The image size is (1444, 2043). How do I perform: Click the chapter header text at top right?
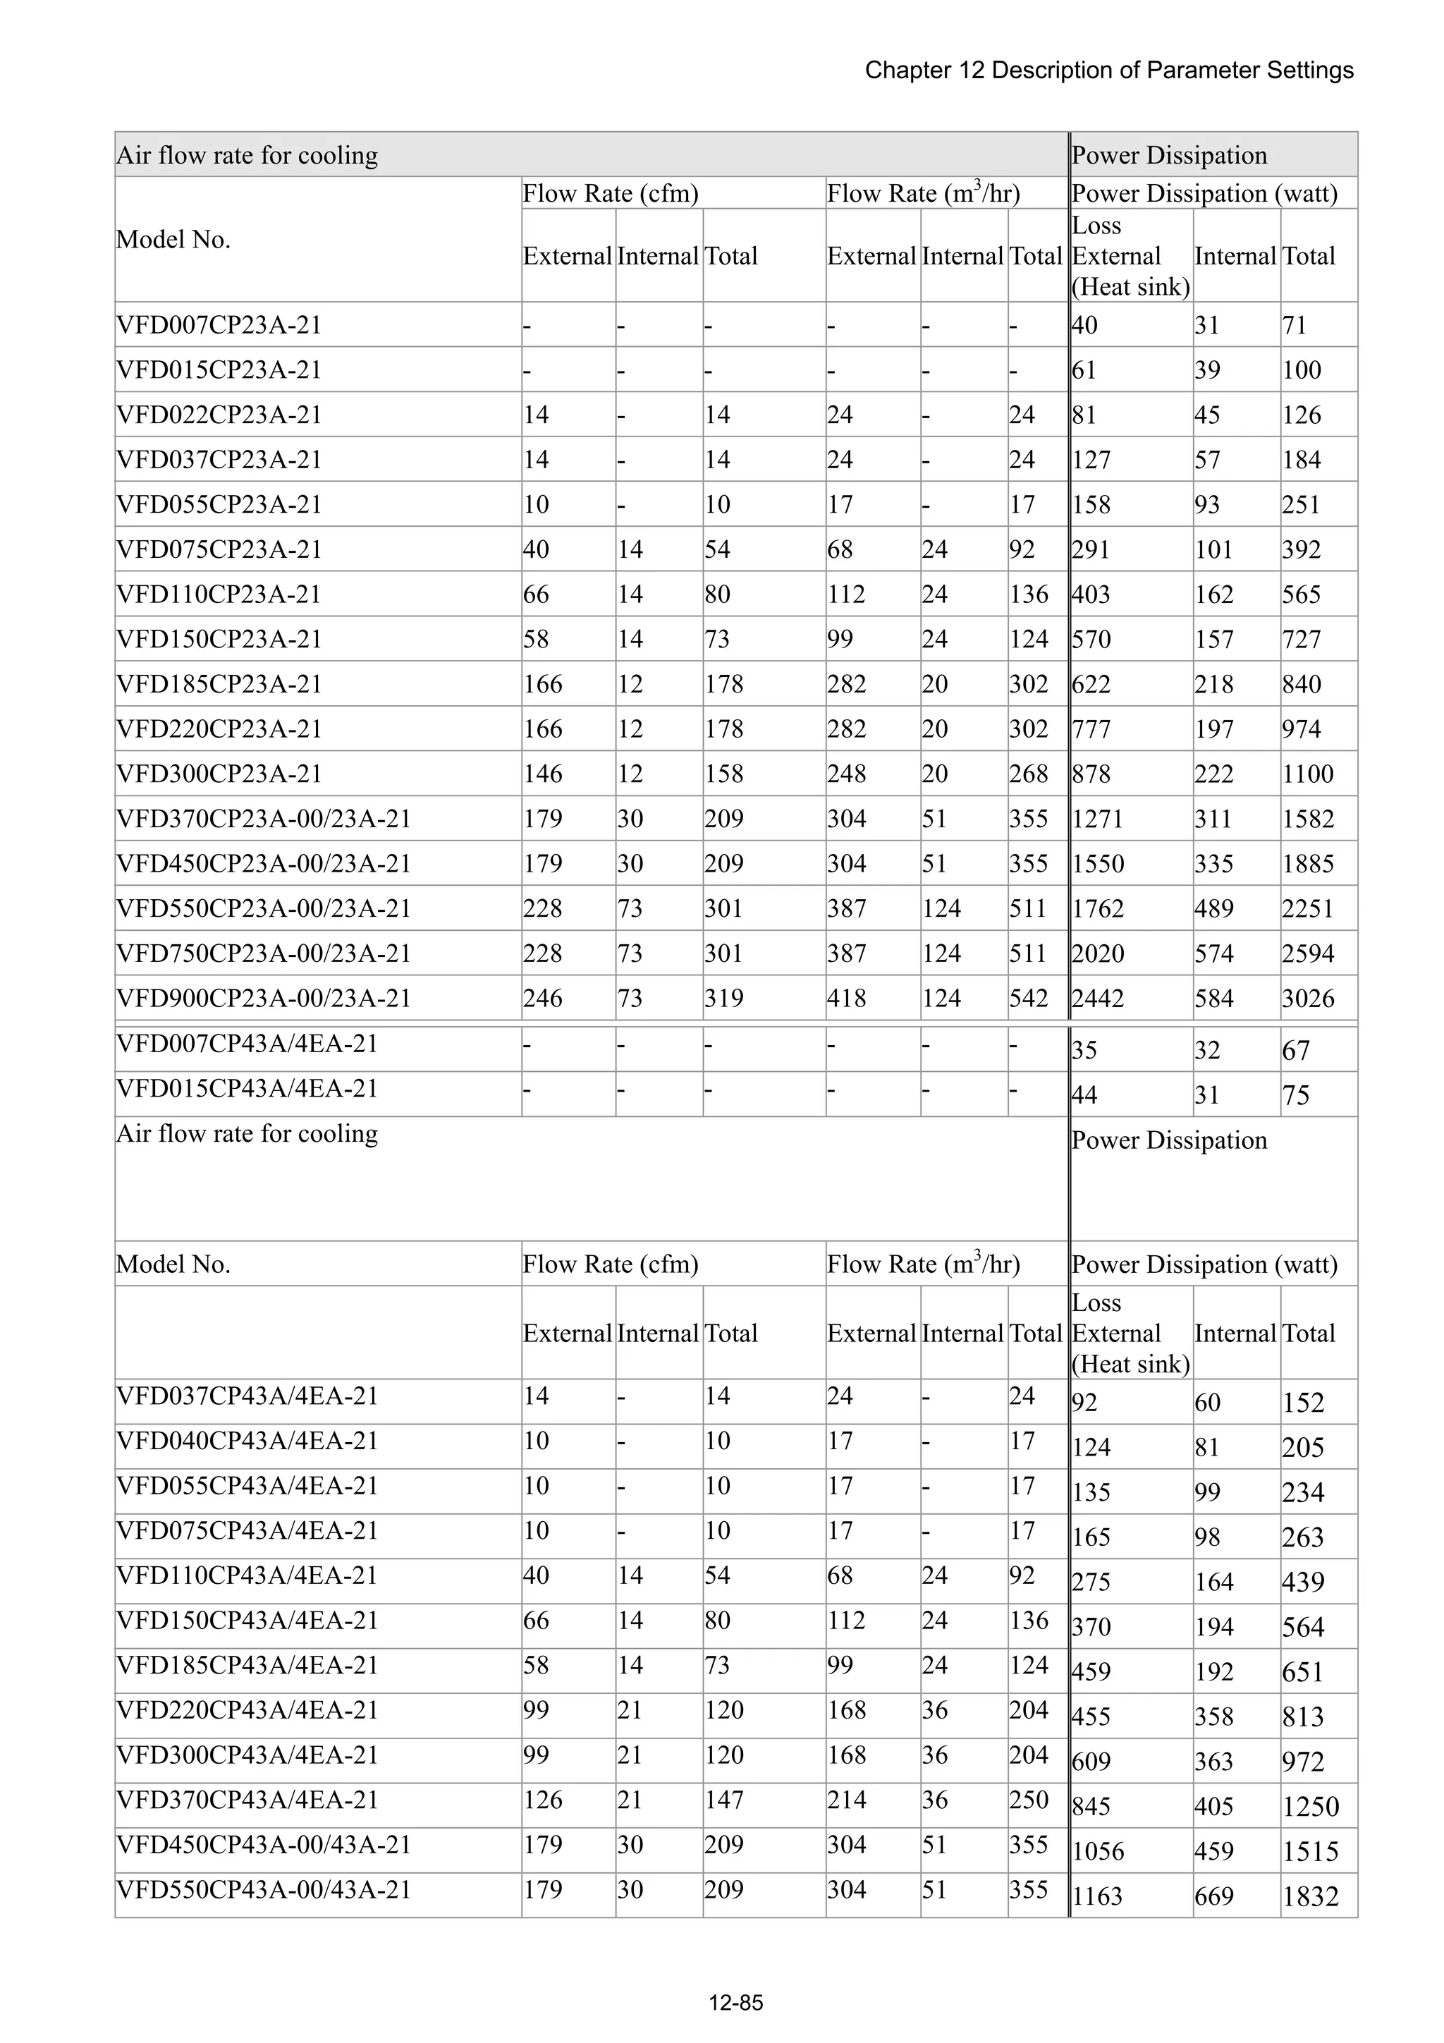tap(1108, 71)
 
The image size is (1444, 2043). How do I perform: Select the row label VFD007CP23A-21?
tap(219, 325)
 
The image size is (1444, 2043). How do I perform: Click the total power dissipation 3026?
tap(1307, 999)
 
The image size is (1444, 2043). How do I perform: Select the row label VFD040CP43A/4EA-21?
tap(247, 1441)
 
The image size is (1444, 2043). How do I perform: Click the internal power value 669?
tap(1213, 1896)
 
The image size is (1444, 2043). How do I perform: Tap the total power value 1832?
tap(1309, 1896)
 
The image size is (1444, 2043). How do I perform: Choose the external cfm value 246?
tap(543, 999)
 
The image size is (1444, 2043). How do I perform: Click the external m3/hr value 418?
tap(846, 999)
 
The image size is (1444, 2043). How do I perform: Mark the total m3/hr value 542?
tap(1029, 999)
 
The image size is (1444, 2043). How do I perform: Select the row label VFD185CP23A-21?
tap(219, 684)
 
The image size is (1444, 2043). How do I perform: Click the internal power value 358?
tap(1213, 1716)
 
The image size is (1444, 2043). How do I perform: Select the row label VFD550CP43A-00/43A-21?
tap(264, 1889)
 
